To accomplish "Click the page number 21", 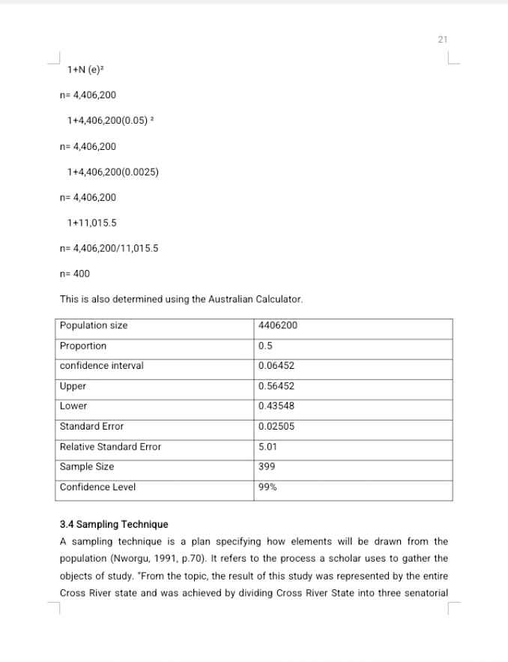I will pyautogui.click(x=442, y=40).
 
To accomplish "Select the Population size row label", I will pyautogui.click(x=94, y=325).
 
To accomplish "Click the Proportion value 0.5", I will pyautogui.click(x=264, y=346).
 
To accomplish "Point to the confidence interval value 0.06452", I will pyautogui.click(x=276, y=366).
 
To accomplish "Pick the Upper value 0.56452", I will pyautogui.click(x=276, y=386).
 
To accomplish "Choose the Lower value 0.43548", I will pyautogui.click(x=276, y=406).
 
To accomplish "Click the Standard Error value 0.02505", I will pyautogui.click(x=276, y=426).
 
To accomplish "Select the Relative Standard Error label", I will pyautogui.click(x=110, y=446).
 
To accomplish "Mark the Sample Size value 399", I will pyautogui.click(x=265, y=466).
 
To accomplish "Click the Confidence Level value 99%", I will pyautogui.click(x=267, y=487).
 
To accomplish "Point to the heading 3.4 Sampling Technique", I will pyautogui.click(x=114, y=524).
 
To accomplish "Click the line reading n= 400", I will pyautogui.click(x=74, y=274).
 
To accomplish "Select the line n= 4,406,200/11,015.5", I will pyautogui.click(x=109, y=248).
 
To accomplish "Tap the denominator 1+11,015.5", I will pyautogui.click(x=91, y=223).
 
